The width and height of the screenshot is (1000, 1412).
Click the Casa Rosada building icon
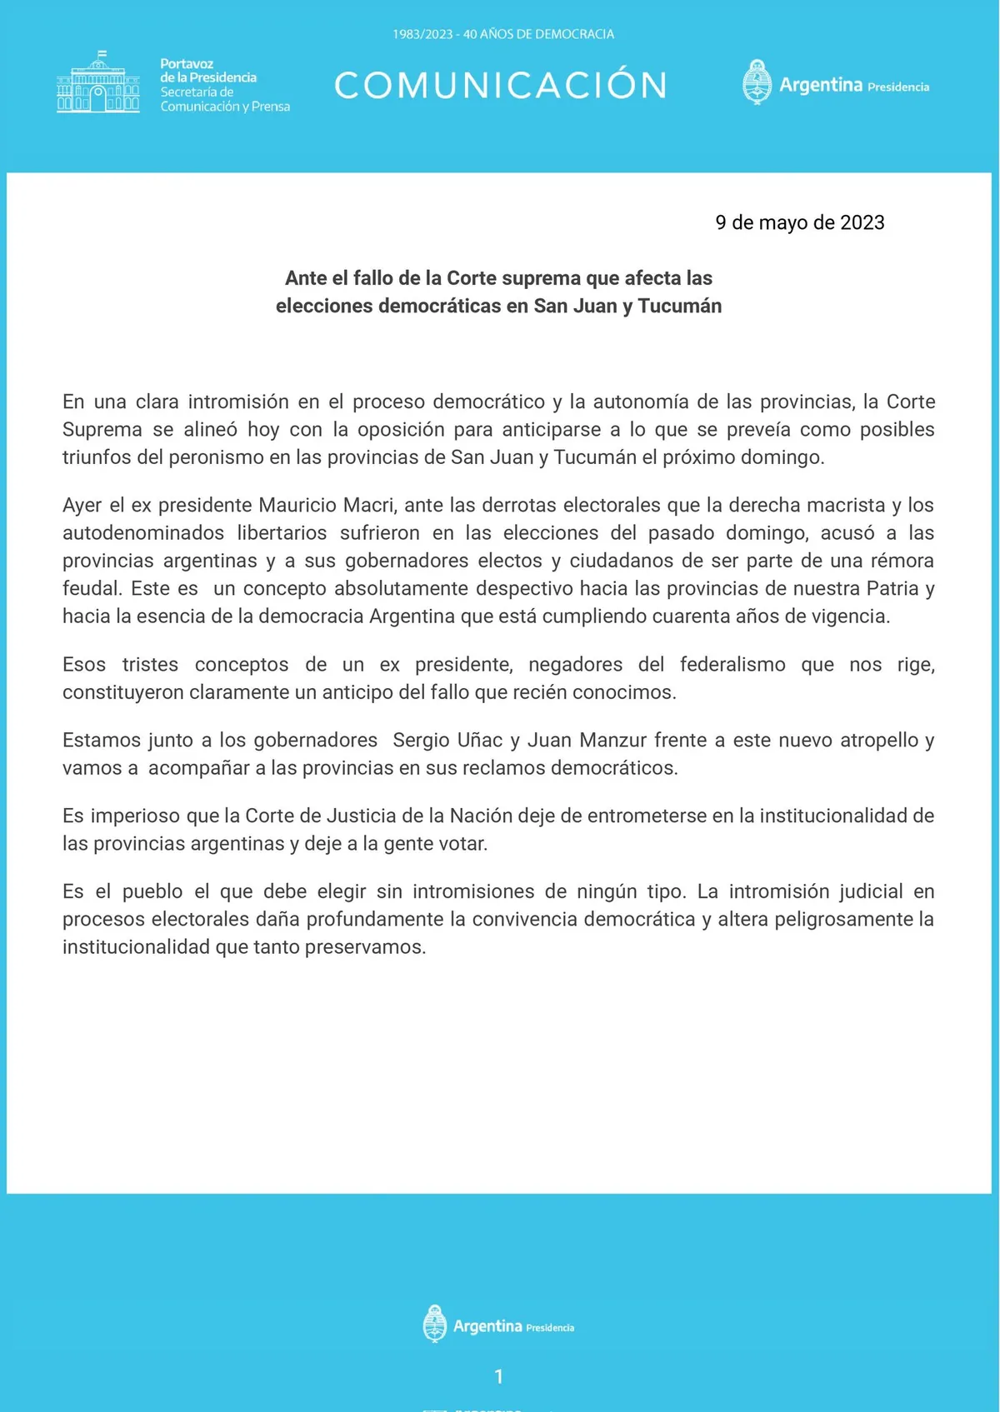[x=98, y=83]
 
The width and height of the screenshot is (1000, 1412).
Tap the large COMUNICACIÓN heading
[x=500, y=85]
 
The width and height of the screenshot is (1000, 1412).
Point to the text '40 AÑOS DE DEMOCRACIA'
[x=538, y=34]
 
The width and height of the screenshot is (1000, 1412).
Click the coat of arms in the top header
[x=757, y=82]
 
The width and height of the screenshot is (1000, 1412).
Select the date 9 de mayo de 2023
[x=799, y=222]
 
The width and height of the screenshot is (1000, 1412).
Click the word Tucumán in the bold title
[x=679, y=306]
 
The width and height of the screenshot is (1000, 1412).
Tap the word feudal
[x=90, y=588]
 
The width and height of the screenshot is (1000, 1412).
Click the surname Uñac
[x=475, y=740]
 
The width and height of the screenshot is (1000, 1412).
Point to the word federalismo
[x=732, y=664]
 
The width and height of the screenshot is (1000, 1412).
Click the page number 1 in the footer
[x=499, y=1376]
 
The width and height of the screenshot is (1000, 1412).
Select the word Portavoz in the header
[x=187, y=63]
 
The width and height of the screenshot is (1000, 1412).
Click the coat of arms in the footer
[x=435, y=1324]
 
